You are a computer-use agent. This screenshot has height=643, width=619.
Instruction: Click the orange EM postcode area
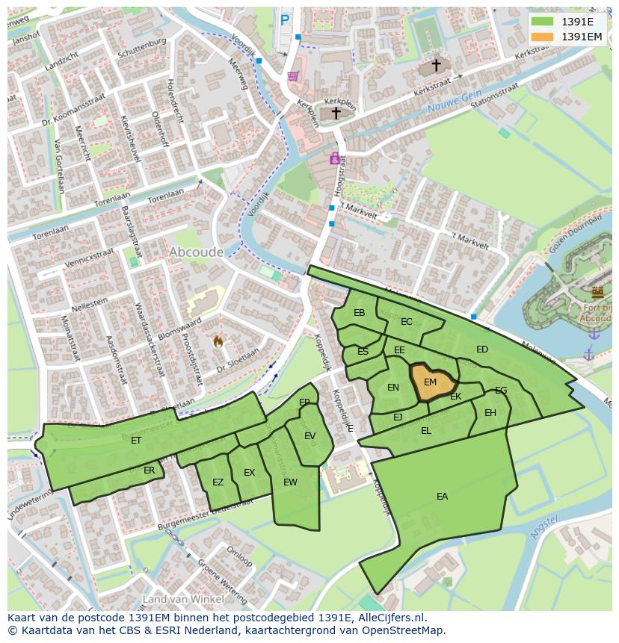(431, 382)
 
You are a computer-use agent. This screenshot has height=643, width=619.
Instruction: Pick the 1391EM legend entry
(582, 37)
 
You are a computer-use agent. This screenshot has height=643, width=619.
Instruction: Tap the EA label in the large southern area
(443, 497)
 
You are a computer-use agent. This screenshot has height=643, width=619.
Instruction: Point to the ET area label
(136, 441)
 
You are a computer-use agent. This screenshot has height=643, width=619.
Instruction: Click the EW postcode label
(290, 482)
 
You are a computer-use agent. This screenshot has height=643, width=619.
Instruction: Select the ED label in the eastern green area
(482, 350)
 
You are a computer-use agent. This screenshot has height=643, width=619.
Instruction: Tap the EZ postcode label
(218, 482)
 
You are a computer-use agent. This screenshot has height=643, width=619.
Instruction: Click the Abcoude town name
(196, 252)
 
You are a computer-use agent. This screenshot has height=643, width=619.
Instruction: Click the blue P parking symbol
(284, 21)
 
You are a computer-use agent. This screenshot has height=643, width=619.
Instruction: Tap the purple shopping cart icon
(293, 75)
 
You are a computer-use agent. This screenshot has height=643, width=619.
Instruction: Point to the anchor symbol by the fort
(588, 354)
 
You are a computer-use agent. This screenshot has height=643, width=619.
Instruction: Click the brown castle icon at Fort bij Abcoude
(597, 292)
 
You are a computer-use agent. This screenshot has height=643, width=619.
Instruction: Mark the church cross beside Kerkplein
(336, 113)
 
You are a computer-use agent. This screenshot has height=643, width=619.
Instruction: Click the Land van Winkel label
(182, 599)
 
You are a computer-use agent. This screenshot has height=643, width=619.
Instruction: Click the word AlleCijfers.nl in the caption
(389, 618)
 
